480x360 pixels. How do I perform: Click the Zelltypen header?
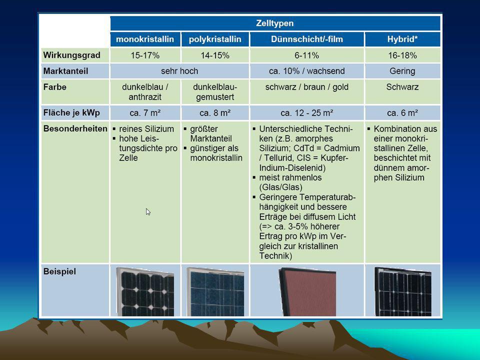(x=275, y=23)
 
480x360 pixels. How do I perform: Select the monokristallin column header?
(x=145, y=39)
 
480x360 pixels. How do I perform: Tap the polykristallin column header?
(x=215, y=39)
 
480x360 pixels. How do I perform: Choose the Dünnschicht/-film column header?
(x=306, y=39)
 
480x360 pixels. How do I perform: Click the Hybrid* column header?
(x=402, y=39)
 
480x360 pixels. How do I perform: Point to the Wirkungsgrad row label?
(x=71, y=55)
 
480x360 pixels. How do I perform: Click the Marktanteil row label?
(x=65, y=71)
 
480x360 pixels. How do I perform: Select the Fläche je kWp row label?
(x=71, y=112)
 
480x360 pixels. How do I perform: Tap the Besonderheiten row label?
(x=75, y=128)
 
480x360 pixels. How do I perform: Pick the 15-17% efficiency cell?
(x=145, y=55)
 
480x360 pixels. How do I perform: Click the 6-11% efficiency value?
(x=306, y=55)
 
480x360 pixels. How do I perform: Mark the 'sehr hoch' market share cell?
(x=179, y=71)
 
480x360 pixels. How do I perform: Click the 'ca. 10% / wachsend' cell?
(x=306, y=71)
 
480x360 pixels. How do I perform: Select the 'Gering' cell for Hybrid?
(x=402, y=71)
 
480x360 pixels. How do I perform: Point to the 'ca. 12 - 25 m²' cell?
(x=306, y=113)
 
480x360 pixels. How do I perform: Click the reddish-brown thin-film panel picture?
(x=307, y=291)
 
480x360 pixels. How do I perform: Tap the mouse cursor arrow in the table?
(x=148, y=211)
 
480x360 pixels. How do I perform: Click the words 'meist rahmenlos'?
(x=290, y=177)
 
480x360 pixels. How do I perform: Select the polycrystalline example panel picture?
(x=215, y=291)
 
